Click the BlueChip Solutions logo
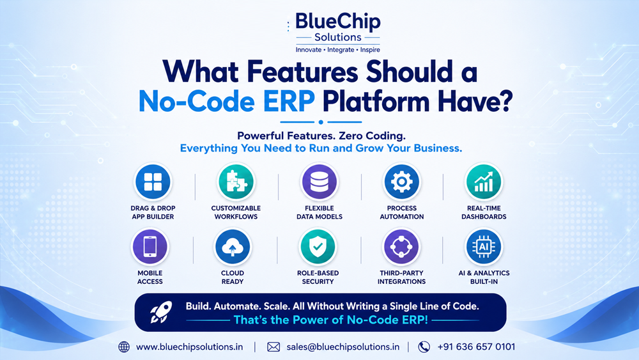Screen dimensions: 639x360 tap(337, 33)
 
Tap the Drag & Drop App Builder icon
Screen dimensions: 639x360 tap(153, 182)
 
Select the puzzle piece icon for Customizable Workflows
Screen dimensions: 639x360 tap(236, 182)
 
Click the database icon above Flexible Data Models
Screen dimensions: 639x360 tap(319, 182)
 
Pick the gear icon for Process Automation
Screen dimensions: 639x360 tap(401, 182)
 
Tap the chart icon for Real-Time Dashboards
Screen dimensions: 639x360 tap(484, 182)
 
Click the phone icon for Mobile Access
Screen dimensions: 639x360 tap(150, 247)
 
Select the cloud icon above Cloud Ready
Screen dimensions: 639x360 tap(233, 247)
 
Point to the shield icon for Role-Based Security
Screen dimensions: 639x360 tap(318, 247)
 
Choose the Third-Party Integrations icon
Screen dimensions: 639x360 tap(401, 247)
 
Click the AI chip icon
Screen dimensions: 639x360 tap(484, 247)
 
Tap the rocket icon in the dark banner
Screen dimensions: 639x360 tap(161, 312)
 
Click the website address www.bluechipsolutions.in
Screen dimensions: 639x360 tap(190, 347)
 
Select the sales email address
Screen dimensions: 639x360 tap(343, 347)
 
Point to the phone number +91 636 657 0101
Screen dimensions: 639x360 tap(476, 347)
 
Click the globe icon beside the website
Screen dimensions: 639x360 tap(124, 347)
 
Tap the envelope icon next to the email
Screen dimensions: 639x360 tap(273, 347)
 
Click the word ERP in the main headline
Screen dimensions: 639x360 tap(289, 101)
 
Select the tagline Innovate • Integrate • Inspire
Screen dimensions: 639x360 tap(338, 50)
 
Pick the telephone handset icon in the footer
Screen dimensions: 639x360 tap(424, 347)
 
